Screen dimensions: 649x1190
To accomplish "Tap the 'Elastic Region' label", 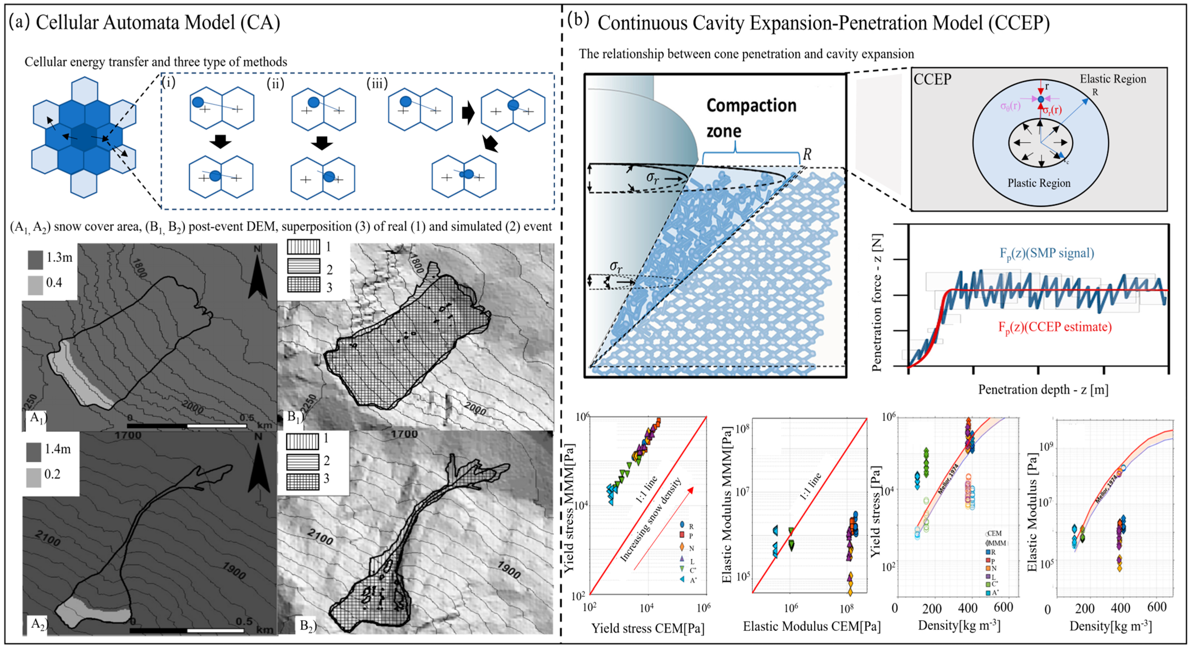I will (x=1113, y=79).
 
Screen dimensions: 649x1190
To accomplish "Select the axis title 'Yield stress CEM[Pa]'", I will (x=648, y=628).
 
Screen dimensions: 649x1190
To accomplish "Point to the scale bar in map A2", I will (x=187, y=630).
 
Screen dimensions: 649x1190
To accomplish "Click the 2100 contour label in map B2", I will (x=320, y=537).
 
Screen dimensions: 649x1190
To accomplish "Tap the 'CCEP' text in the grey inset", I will (x=932, y=79).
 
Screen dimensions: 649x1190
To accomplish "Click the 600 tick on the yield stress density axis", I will (x=1003, y=607).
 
